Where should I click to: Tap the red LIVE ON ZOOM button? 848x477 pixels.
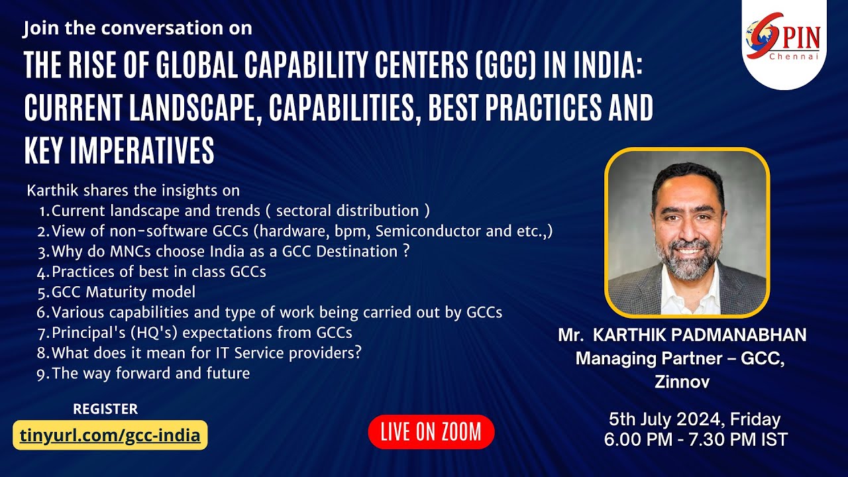tap(431, 433)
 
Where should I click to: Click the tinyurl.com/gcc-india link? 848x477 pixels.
tap(110, 435)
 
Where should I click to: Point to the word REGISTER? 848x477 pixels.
tap(105, 409)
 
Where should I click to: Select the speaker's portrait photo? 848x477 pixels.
tap(686, 233)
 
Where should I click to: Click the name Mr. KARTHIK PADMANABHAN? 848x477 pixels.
tap(682, 335)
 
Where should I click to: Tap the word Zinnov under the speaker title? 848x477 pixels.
tap(682, 382)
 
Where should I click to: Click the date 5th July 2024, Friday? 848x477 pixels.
tap(694, 419)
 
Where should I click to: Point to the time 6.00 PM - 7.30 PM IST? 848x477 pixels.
tap(696, 439)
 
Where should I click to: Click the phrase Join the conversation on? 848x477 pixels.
tap(138, 29)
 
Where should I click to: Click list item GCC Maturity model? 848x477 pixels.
tap(123, 291)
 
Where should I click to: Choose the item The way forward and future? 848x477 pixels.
tap(150, 373)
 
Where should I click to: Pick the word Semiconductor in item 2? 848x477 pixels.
tap(424, 231)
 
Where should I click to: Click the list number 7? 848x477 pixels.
tap(42, 333)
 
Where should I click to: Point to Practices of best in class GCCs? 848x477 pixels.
tap(158, 271)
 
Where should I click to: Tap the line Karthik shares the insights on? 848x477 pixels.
tap(133, 191)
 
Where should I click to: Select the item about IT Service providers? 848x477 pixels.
tap(206, 352)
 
